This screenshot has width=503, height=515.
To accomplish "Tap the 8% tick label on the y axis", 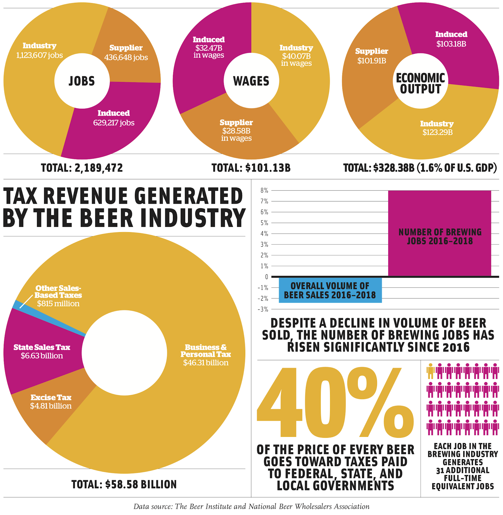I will click(264, 190).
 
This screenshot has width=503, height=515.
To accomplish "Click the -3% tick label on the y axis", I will click(263, 309).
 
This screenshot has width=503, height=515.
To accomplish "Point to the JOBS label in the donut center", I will click(82, 81).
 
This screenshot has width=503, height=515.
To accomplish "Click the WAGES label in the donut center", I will click(251, 81).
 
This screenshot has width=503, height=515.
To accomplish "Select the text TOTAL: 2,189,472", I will click(82, 168).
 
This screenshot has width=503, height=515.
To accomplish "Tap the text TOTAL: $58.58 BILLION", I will click(124, 484).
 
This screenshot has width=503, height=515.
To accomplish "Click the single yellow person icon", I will click(430, 371).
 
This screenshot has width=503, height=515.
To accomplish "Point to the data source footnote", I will click(251, 506).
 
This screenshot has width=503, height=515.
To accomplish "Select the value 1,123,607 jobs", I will click(40, 55).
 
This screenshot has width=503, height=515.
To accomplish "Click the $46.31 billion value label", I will click(206, 363).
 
